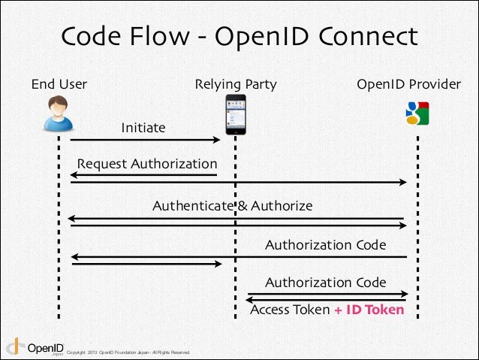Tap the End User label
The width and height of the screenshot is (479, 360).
click(59, 84)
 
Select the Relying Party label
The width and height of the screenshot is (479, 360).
click(236, 84)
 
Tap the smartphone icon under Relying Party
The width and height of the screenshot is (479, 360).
click(236, 114)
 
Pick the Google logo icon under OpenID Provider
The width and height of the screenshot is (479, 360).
click(417, 113)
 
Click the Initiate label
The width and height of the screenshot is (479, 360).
click(143, 128)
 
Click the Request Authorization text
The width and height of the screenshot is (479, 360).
click(147, 164)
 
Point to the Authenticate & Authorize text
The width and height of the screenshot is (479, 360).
click(233, 205)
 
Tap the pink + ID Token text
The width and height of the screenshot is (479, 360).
click(369, 310)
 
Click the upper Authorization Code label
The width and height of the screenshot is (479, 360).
click(325, 245)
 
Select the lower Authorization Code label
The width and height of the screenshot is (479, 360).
click(325, 283)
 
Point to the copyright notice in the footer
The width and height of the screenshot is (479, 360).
click(128, 352)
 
